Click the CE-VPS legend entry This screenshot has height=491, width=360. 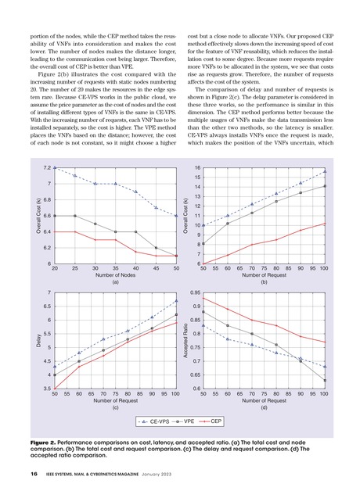(x=153, y=423)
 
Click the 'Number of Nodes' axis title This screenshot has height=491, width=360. (x=115, y=276)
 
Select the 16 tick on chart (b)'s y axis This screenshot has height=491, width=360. (x=196, y=167)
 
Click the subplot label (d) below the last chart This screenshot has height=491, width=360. (x=264, y=407)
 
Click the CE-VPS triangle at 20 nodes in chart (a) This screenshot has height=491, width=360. (x=55, y=167)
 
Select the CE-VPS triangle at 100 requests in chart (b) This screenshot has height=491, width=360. (x=325, y=171)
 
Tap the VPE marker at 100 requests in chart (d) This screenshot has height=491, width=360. (x=325, y=380)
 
